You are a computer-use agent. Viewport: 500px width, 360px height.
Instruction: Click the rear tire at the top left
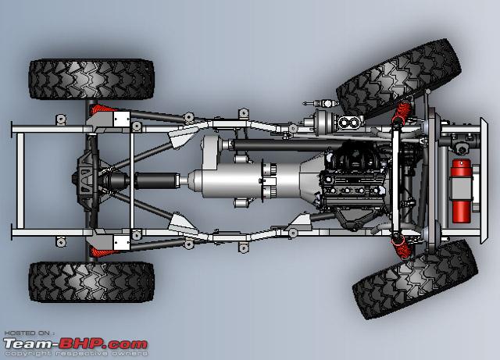click(x=91, y=79)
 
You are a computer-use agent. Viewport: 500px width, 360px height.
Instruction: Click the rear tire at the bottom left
click(x=91, y=282)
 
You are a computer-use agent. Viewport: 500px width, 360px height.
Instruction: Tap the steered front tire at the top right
click(x=398, y=77)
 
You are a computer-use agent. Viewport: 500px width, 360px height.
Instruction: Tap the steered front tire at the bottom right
click(x=415, y=280)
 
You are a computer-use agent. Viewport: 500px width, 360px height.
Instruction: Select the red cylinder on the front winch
click(x=461, y=191)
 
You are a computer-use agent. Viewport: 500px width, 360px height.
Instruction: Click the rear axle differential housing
click(x=86, y=180)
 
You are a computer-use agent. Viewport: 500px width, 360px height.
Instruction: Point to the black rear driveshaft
click(x=156, y=180)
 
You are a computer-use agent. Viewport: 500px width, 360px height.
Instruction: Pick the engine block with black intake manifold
click(x=354, y=182)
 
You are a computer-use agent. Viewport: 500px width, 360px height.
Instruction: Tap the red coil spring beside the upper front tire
click(x=402, y=112)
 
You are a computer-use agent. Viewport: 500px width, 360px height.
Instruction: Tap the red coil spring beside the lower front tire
click(x=402, y=248)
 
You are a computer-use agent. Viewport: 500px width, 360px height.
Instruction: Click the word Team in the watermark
click(x=27, y=344)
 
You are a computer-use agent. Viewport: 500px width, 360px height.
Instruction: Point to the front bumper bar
click(x=484, y=180)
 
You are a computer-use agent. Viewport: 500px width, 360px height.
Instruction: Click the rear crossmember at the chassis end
click(x=20, y=180)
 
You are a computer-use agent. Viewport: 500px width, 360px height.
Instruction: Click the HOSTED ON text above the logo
click(x=27, y=333)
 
